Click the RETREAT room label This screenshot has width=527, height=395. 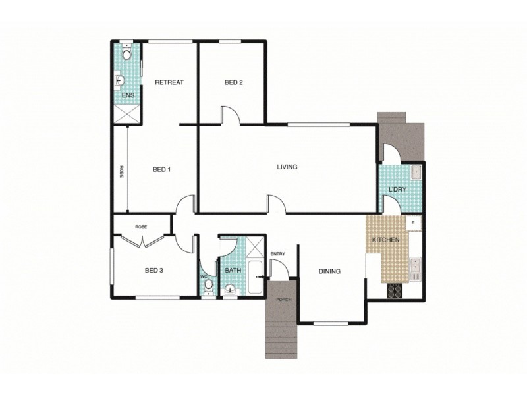[169, 82]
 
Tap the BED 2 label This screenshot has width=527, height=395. [234, 82]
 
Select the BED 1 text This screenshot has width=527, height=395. [162, 169]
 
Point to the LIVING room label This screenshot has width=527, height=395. [287, 167]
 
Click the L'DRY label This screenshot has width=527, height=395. [397, 190]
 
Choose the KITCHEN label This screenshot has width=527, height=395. [386, 240]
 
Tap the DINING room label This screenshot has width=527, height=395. [329, 271]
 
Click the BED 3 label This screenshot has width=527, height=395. [153, 269]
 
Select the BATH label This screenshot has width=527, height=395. [233, 270]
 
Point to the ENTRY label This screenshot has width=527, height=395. [277, 254]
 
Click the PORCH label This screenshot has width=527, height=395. [284, 299]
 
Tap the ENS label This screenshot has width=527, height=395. [128, 96]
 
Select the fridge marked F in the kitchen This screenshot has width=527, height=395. [413, 223]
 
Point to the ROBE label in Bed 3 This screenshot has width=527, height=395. [141, 226]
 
